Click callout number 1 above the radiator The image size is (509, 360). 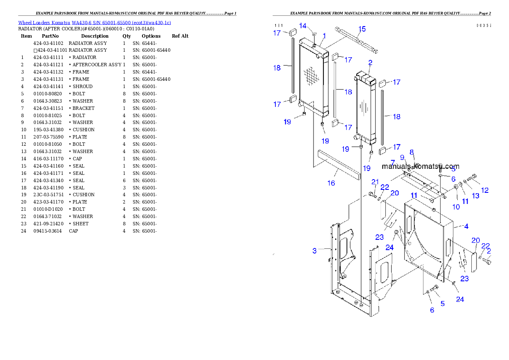pyautogui.click(x=325, y=36)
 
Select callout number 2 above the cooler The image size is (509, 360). pyautogui.click(x=370, y=62)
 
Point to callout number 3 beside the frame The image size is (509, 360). pyautogui.click(x=314, y=251)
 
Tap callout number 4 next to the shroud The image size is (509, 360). pyautogui.click(x=466, y=226)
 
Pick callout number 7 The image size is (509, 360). pyautogui.click(x=393, y=162)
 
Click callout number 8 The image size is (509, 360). pyautogui.click(x=411, y=152)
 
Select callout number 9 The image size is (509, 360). pyautogui.click(x=402, y=157)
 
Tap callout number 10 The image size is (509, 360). pyautogui.click(x=456, y=207)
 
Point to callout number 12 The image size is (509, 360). pyautogui.click(x=485, y=190)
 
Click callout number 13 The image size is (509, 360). pyautogui.click(x=476, y=196)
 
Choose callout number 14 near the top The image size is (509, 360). pyautogui.click(x=303, y=26)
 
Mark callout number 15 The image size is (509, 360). pyautogui.click(x=362, y=29)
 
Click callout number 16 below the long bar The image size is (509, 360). pyautogui.click(x=331, y=183)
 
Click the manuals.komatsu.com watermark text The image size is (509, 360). pyautogui.click(x=420, y=166)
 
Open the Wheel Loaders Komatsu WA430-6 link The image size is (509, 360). pyautogui.click(x=95, y=23)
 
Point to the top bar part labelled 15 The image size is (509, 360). pyautogui.click(x=357, y=41)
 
